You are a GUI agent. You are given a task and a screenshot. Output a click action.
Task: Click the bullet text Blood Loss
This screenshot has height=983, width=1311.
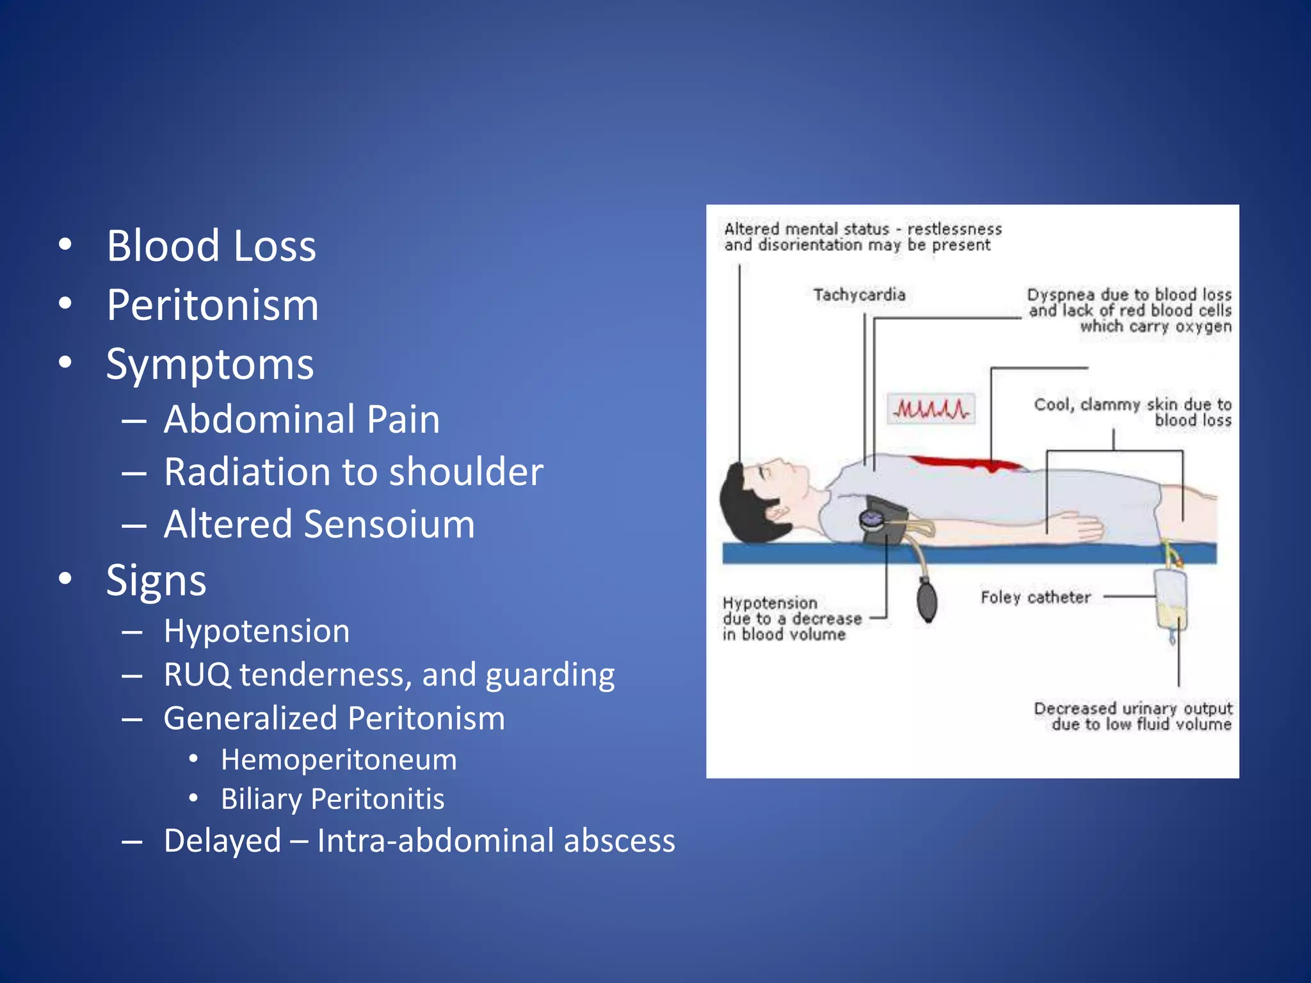point(211,246)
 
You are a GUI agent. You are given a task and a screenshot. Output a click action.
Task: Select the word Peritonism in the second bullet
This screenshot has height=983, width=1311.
point(213,305)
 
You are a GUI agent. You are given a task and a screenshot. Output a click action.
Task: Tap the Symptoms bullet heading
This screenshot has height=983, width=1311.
point(210,364)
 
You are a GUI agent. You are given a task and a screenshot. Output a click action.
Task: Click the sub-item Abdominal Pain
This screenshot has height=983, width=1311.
point(302,419)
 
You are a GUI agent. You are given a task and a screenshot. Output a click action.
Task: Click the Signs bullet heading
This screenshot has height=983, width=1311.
point(156,580)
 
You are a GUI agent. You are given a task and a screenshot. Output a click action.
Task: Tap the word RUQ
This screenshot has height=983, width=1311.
point(197,675)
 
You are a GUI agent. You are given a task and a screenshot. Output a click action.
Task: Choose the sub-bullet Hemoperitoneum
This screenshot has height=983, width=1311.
point(339,760)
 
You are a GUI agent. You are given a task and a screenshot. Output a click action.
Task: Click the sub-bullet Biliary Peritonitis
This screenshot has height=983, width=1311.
point(332,799)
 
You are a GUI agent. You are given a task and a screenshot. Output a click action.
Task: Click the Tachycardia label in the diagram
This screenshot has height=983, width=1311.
point(859,294)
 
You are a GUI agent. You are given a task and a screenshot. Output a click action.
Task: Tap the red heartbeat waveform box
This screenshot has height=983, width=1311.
point(931,408)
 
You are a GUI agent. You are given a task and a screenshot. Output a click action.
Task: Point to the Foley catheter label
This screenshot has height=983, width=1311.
point(1035,597)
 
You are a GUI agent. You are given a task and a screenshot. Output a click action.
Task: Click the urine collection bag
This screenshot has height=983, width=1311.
point(1171,598)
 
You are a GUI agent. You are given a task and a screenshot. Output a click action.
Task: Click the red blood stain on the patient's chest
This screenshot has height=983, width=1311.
point(967,463)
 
